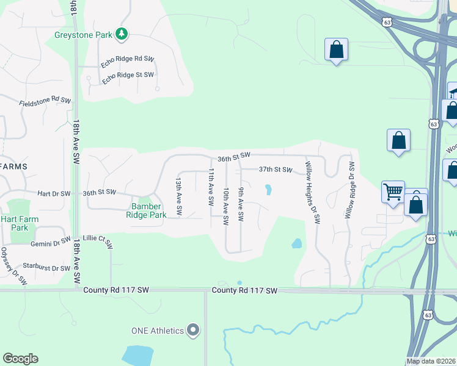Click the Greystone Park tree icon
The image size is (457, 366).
[122, 34]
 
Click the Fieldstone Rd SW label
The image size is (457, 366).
[45, 102]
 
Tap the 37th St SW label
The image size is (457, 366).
[276, 170]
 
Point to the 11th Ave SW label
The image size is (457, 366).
[211, 187]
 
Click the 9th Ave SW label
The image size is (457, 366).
[241, 204]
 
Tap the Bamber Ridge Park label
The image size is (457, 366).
[146, 210]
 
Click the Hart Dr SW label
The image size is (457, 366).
[54, 193]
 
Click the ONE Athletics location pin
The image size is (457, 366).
[194, 331]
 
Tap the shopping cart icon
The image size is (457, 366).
[393, 192]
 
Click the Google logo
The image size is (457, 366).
[20, 359]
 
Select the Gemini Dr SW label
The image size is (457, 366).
[51, 243]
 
